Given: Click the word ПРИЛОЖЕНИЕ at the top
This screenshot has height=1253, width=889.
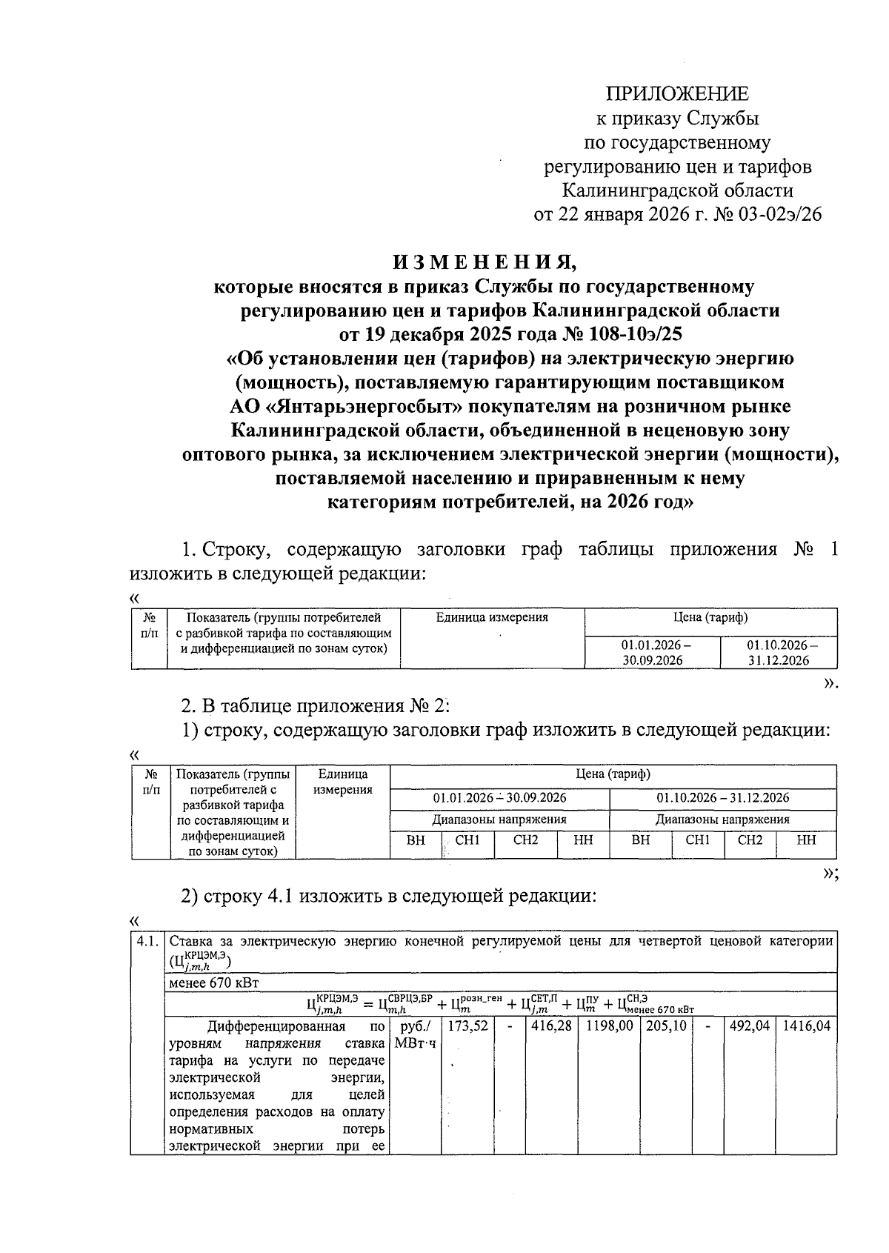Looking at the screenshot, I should pyautogui.click(x=677, y=94).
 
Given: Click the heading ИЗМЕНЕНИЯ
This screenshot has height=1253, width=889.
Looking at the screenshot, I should pyautogui.click(x=484, y=262).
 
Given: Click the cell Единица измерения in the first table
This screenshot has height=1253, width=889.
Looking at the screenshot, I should pyautogui.click(x=492, y=617).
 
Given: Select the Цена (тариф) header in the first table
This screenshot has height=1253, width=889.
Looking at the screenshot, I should pyautogui.click(x=710, y=617).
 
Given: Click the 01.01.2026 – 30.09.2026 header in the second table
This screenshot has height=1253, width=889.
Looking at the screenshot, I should pyautogui.click(x=500, y=798).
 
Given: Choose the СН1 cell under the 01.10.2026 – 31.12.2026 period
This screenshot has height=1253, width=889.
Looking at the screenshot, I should pyautogui.click(x=697, y=840).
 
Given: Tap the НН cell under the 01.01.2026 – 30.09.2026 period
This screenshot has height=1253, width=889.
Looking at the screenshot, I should pyautogui.click(x=583, y=840).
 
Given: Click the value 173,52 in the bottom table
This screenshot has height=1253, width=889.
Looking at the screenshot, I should pyautogui.click(x=468, y=1027).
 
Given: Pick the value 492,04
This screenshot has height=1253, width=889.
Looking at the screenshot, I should pyautogui.click(x=749, y=1027).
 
